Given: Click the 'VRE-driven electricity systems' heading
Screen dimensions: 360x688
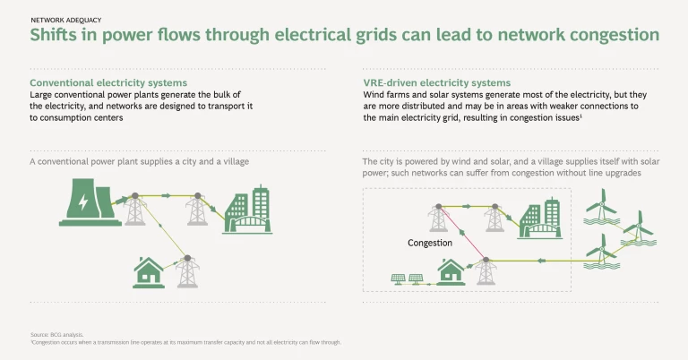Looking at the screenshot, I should pyautogui.click(x=436, y=82).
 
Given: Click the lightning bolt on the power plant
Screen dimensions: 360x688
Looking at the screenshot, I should pyautogui.click(x=82, y=203).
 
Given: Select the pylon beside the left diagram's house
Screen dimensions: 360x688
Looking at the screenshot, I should pyautogui.click(x=186, y=270).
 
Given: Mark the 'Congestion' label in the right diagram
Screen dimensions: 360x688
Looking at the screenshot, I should pyautogui.click(x=429, y=243).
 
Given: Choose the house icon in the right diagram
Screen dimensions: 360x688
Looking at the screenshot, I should pyautogui.click(x=450, y=271).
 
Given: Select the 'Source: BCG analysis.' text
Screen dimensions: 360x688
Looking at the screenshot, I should pyautogui.click(x=57, y=334).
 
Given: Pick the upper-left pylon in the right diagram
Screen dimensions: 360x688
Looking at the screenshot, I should pyautogui.click(x=438, y=218).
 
